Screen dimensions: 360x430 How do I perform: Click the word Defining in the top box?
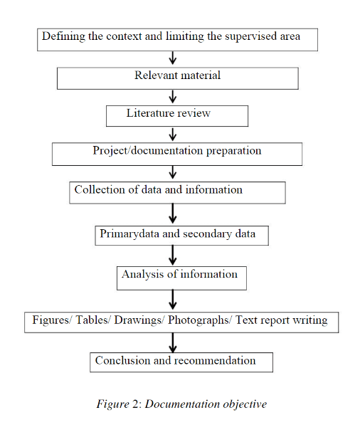pyautogui.click(x=63, y=37)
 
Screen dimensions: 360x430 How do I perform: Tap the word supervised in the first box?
pyautogui.click(x=251, y=37)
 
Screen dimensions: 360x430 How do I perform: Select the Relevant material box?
pyautogui.click(x=178, y=78)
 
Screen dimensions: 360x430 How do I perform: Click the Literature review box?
pyautogui.click(x=177, y=116)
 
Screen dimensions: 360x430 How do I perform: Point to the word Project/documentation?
pyautogui.click(x=148, y=151)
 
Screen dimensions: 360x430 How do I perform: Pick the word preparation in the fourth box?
pyautogui.click(x=233, y=151)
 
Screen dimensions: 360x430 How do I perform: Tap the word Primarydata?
pyautogui.click(x=129, y=234)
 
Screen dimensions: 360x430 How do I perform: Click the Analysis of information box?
pyautogui.click(x=181, y=278)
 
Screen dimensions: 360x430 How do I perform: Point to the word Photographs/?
pyautogui.click(x=200, y=320)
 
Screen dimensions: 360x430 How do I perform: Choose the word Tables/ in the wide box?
pyautogui.click(x=93, y=320)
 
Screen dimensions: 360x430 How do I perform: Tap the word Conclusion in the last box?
pyautogui.click(x=122, y=360)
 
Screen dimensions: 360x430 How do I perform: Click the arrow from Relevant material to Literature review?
pyautogui.click(x=173, y=97)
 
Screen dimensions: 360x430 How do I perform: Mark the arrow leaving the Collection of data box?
pyautogui.click(x=173, y=214)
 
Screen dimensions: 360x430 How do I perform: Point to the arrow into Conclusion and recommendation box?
pyautogui.click(x=173, y=343)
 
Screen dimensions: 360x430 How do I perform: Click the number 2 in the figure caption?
pyautogui.click(x=135, y=404)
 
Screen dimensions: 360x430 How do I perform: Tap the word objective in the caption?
pyautogui.click(x=245, y=404)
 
